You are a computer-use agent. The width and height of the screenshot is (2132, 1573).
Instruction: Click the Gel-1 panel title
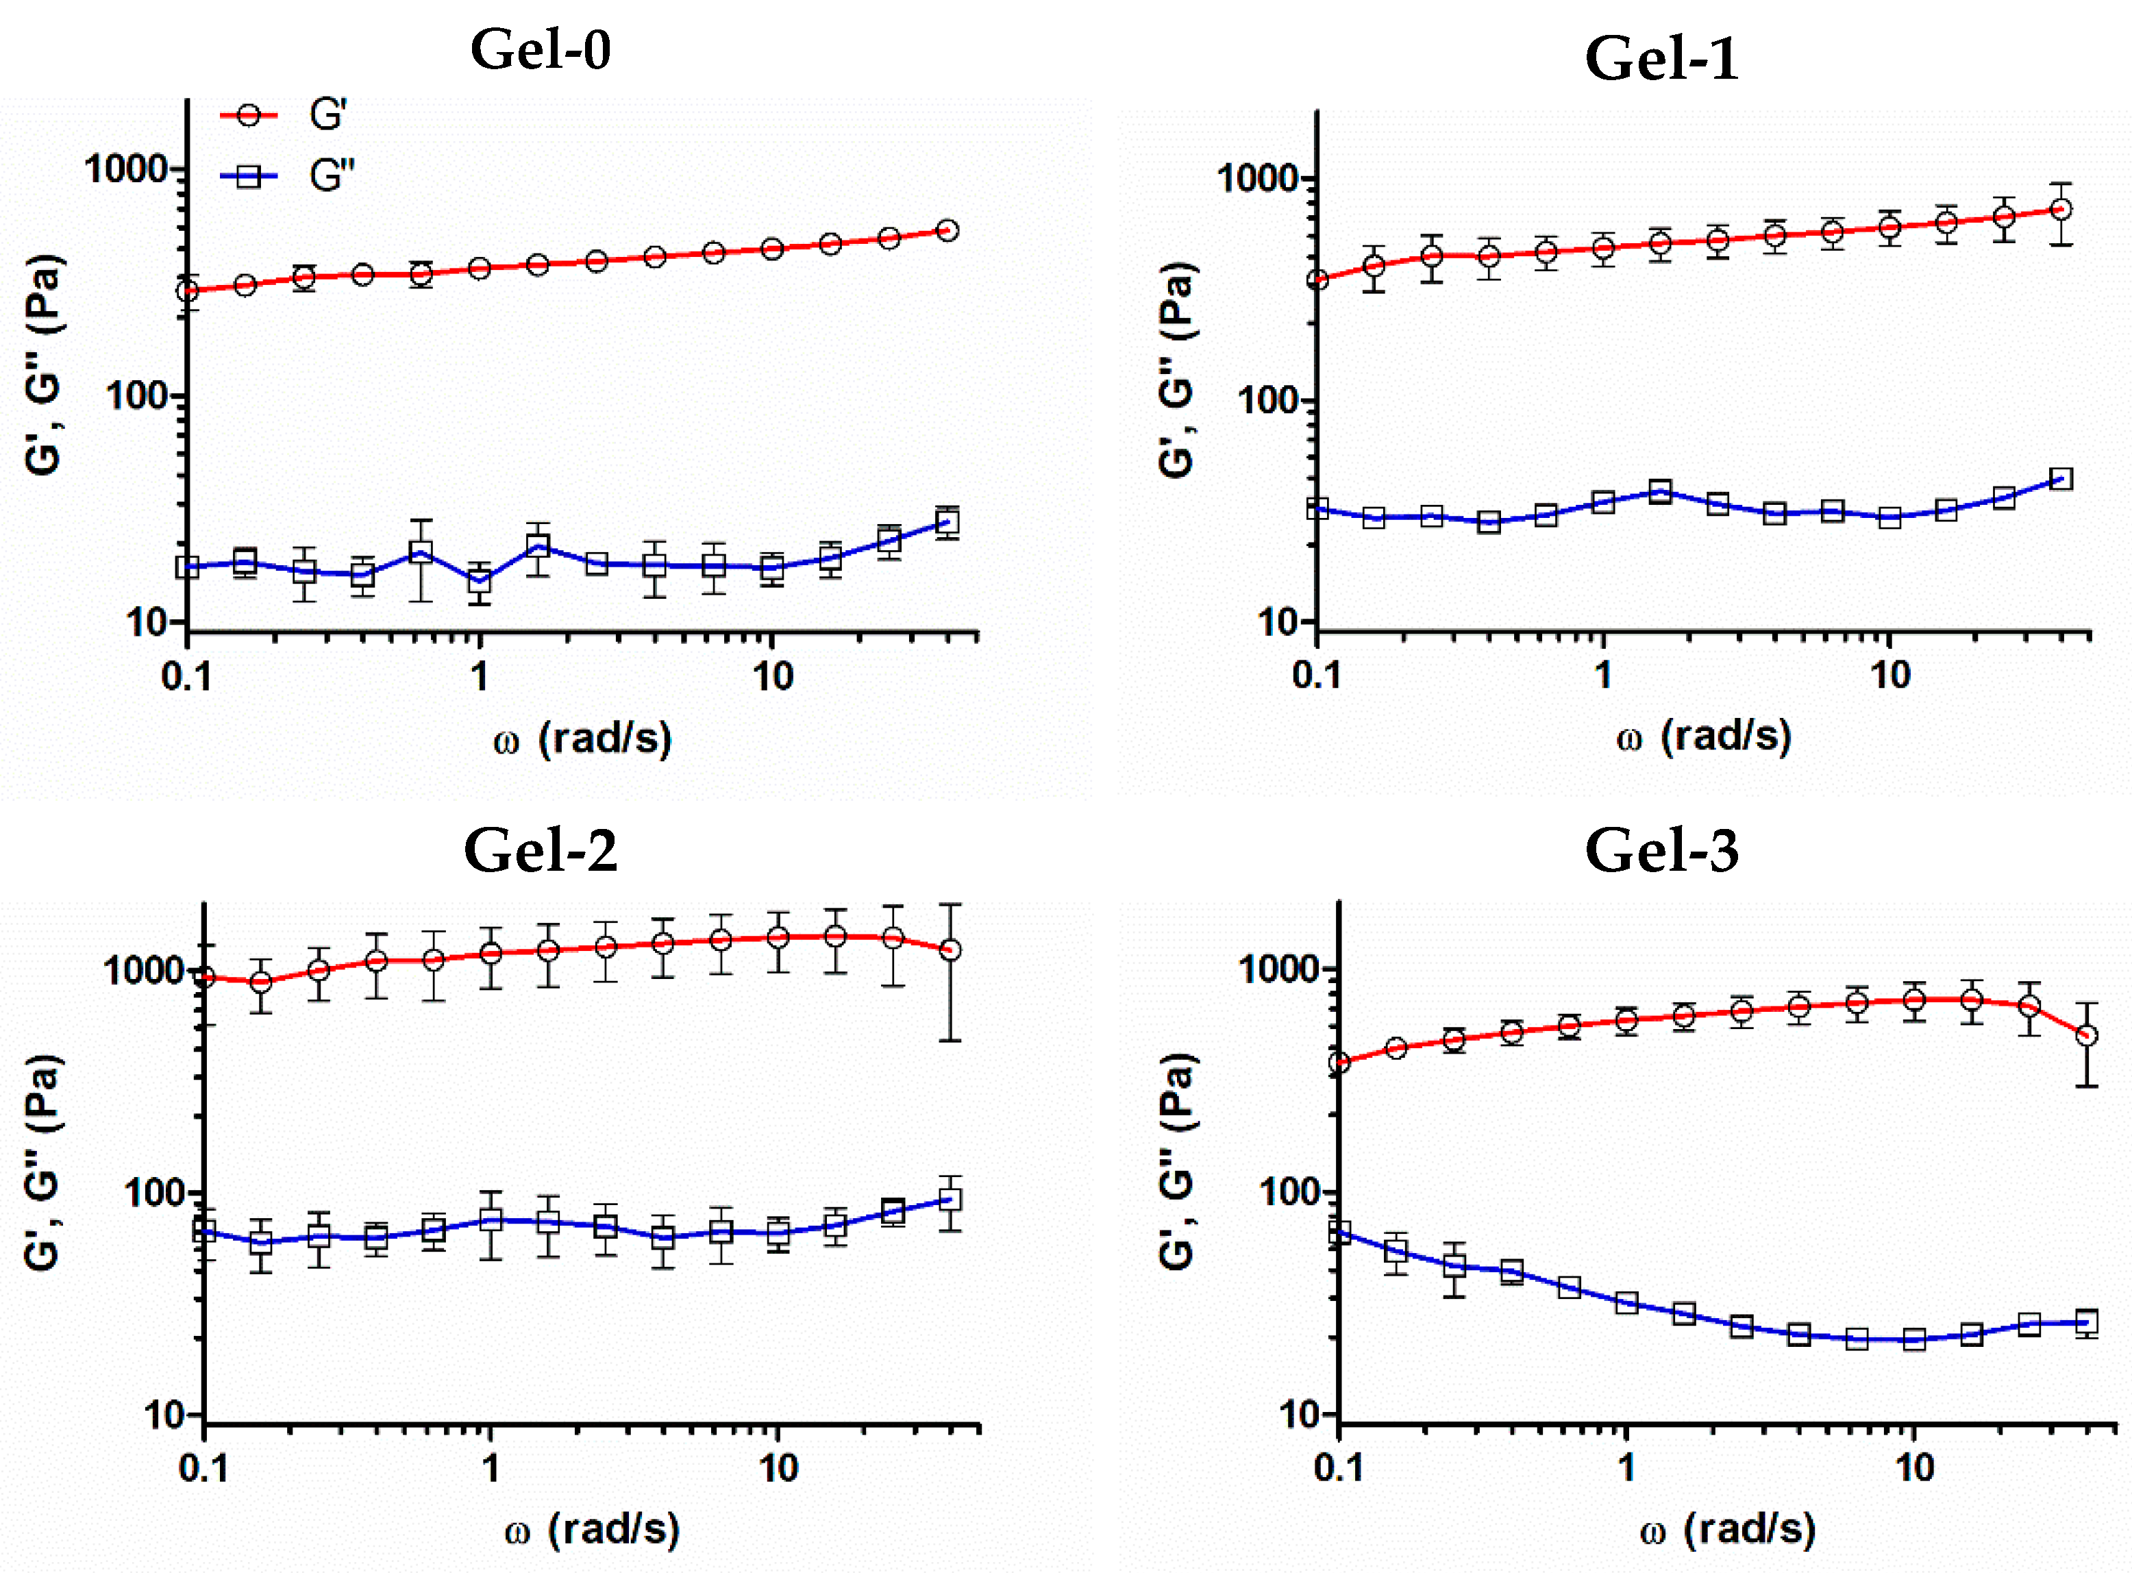(1661, 58)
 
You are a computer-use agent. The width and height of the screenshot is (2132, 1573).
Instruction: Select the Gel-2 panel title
(540, 850)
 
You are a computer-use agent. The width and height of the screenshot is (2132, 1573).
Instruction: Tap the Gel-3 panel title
(1661, 850)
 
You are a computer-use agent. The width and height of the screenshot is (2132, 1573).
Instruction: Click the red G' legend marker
(249, 115)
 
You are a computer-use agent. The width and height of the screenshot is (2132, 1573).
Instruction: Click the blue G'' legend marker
(249, 176)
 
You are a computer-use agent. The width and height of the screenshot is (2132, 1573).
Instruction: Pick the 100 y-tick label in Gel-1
(1269, 401)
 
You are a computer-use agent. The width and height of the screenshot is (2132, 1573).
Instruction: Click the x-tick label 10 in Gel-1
(1890, 675)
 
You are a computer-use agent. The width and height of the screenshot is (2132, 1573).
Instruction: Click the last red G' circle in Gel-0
(947, 230)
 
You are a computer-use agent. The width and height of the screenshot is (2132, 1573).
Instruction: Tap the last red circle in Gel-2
(950, 950)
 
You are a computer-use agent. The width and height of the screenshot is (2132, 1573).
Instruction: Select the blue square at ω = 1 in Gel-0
(480, 578)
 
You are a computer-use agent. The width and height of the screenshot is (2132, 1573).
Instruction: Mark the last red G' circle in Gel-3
(2086, 1035)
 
